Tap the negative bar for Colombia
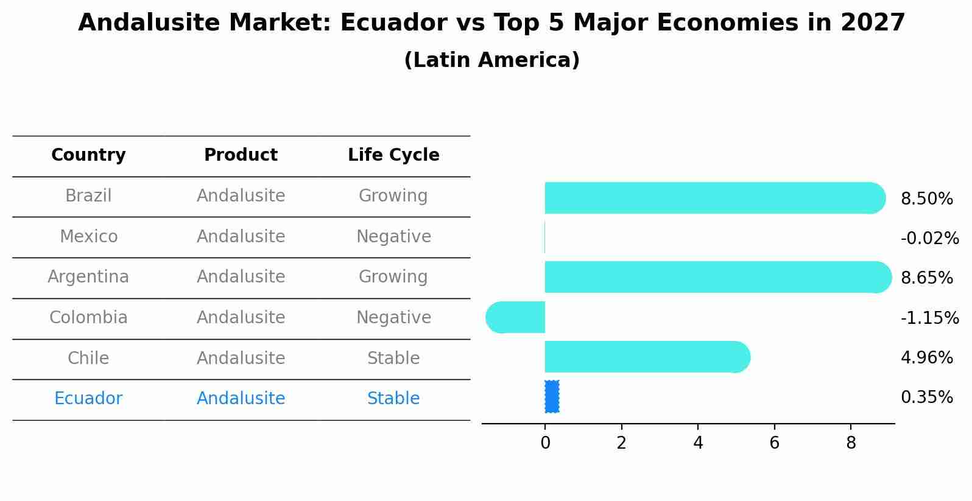tap(516, 317)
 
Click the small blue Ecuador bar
tap(552, 397)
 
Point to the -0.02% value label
tap(929, 238)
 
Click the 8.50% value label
tap(926, 198)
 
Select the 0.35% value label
tap(926, 397)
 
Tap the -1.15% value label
tap(929, 318)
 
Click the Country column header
tap(88, 155)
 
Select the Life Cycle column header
tap(393, 155)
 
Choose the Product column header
tap(241, 155)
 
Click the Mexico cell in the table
tap(88, 236)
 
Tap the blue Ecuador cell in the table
tap(88, 398)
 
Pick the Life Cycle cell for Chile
tap(393, 358)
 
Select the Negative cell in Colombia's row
tap(393, 317)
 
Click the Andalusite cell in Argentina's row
tap(241, 276)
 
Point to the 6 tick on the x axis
tap(774, 443)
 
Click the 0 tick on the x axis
tap(545, 443)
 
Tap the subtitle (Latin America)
tap(491, 60)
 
